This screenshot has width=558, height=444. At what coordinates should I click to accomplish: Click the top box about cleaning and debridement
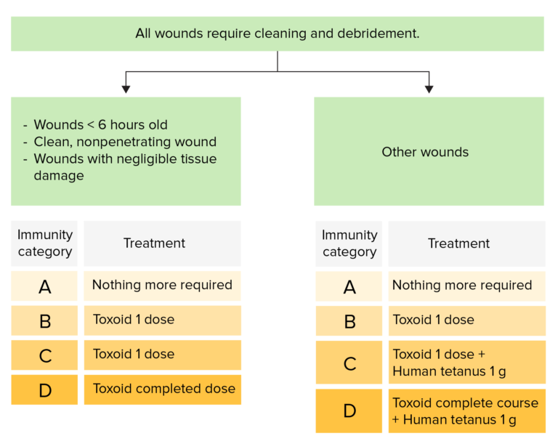(277, 33)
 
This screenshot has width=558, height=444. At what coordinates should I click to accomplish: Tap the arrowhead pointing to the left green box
(126, 89)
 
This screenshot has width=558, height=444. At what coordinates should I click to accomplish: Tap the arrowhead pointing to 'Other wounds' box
(429, 89)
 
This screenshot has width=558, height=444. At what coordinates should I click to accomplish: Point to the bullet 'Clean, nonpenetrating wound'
(125, 142)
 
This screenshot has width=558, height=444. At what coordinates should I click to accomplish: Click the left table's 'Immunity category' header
(44, 243)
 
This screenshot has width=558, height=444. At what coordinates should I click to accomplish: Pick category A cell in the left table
(44, 286)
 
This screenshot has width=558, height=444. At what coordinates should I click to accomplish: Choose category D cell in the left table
(44, 389)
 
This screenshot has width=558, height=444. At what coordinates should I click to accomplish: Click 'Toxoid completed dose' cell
(163, 389)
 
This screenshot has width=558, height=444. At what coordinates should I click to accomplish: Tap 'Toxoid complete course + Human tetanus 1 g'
(466, 411)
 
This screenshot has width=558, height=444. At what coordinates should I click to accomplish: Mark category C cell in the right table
(349, 362)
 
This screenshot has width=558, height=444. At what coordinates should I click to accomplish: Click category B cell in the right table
(349, 320)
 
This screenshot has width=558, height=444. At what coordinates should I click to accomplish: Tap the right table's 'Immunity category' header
(349, 243)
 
